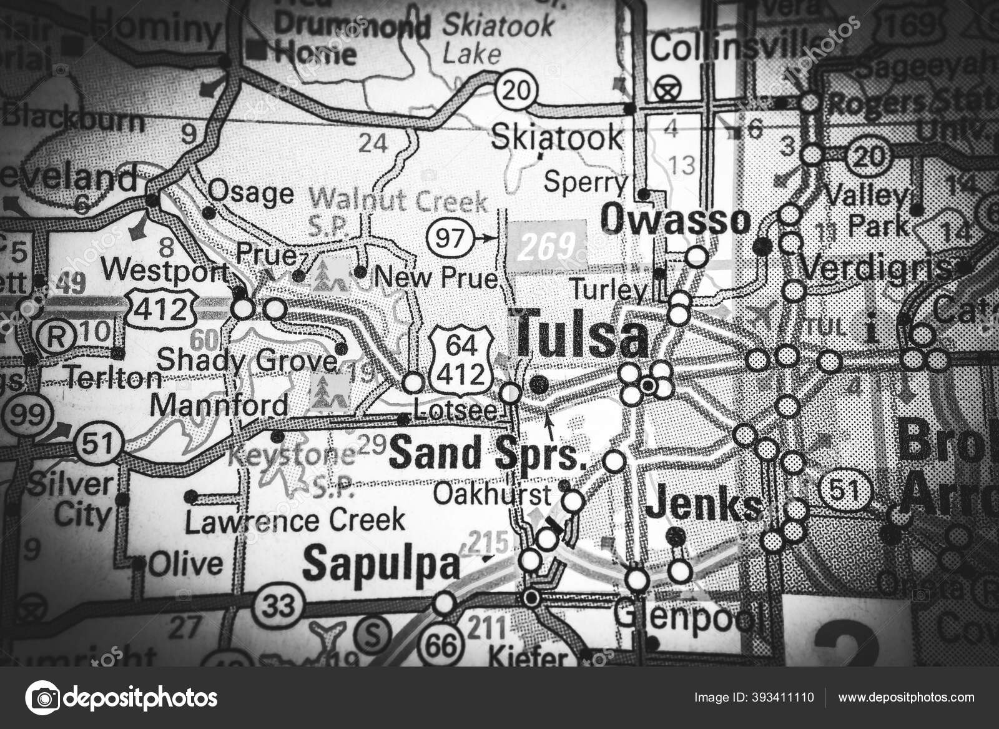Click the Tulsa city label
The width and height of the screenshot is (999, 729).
pyautogui.click(x=582, y=337)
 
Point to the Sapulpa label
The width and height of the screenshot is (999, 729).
pyautogui.click(x=381, y=563)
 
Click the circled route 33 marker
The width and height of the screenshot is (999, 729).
pyautogui.click(x=279, y=605)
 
